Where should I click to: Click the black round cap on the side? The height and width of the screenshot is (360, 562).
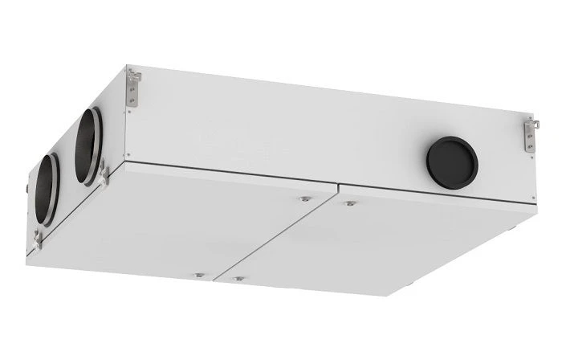[x=452, y=162]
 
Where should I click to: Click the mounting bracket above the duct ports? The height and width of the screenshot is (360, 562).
[x=133, y=87]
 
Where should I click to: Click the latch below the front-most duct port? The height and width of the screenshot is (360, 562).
[x=39, y=238]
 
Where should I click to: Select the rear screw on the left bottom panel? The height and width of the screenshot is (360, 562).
[x=304, y=198]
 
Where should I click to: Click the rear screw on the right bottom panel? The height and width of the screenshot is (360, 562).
[x=348, y=203]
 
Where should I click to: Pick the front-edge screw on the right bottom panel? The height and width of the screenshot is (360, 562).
[x=238, y=279]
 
